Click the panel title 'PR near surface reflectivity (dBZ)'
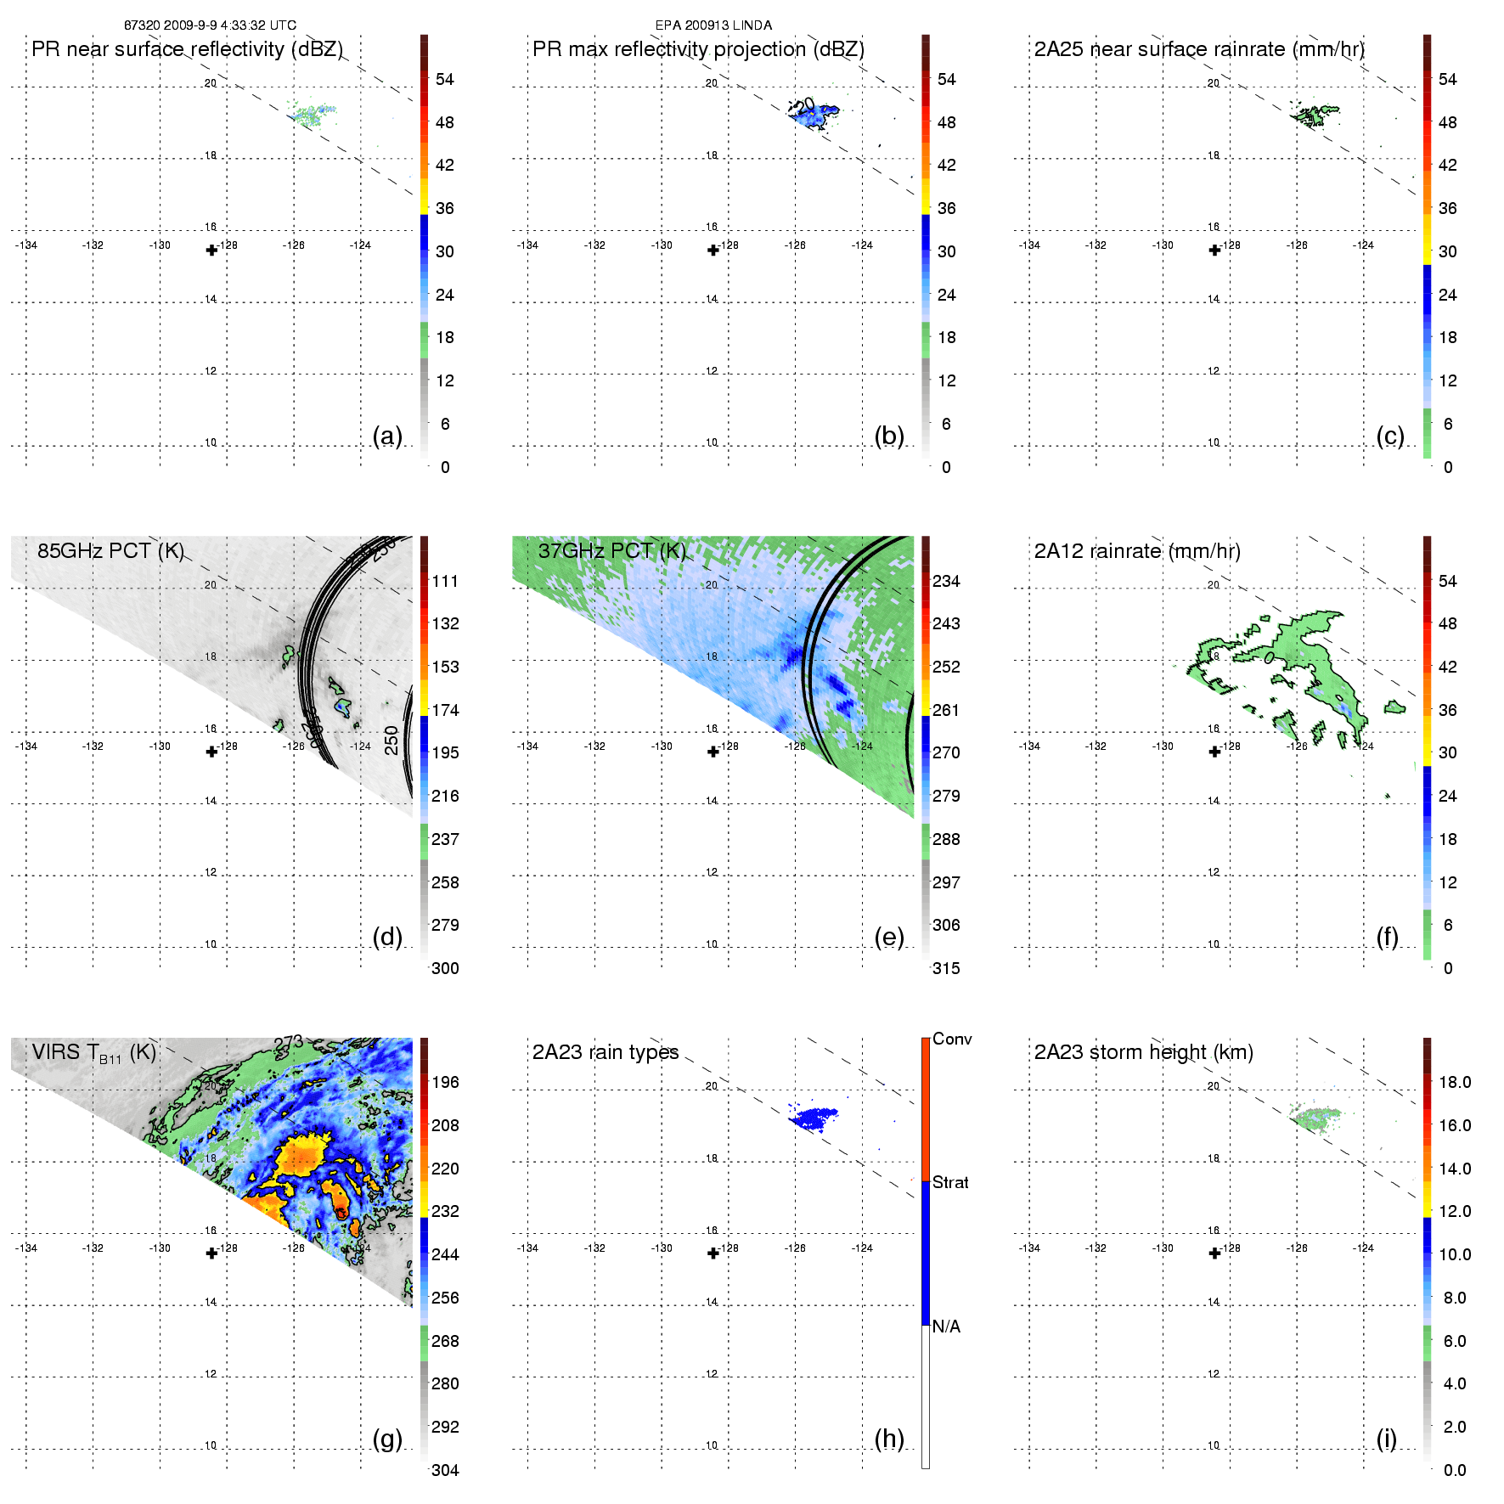tap(187, 49)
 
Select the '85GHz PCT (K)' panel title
tap(110, 550)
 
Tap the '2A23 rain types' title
tap(606, 1052)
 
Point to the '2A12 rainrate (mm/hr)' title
tap(1137, 551)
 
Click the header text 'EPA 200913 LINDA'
tap(713, 25)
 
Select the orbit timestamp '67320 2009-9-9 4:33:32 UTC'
tap(210, 25)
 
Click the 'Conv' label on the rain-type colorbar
tap(952, 1039)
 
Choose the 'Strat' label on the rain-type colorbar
tap(950, 1182)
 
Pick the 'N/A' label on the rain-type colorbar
tap(946, 1327)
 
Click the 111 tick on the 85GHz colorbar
tap(445, 581)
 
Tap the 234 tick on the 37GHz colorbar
tap(946, 581)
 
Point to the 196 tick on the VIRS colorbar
tap(445, 1082)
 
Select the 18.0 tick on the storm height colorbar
tap(1455, 1082)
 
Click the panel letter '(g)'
tap(387, 1439)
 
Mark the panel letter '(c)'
tap(1390, 436)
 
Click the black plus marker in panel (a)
tap(211, 250)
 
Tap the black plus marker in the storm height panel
tap(1214, 1253)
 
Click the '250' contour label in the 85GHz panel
tap(391, 740)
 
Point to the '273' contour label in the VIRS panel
tap(289, 1043)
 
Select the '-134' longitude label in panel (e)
tap(528, 746)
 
